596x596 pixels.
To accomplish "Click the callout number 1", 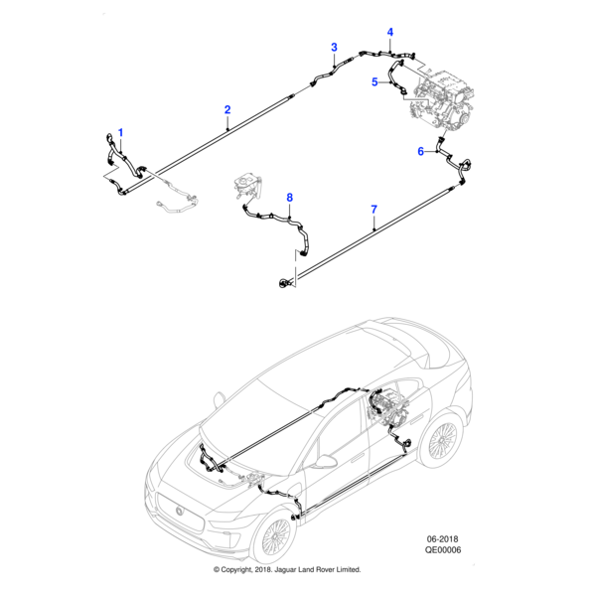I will [x=121, y=132].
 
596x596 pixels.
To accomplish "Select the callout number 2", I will [x=227, y=109].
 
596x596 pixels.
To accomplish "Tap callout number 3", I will [x=334, y=48].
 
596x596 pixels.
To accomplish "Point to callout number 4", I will [x=390, y=32].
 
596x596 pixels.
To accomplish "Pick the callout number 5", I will [x=374, y=82].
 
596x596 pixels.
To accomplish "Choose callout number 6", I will [x=420, y=151].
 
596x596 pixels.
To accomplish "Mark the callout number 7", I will [x=373, y=209].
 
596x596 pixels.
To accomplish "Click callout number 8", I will [x=290, y=199].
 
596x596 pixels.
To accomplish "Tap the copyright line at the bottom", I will [x=287, y=569].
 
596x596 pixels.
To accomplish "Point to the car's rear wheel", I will [x=443, y=440].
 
